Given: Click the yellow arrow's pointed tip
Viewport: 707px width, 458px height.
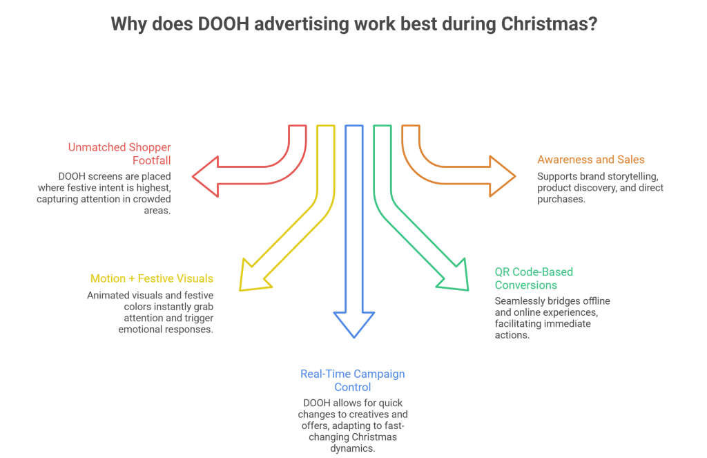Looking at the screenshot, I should click(x=241, y=288).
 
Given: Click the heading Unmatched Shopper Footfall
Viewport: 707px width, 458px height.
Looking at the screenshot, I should click(x=119, y=153).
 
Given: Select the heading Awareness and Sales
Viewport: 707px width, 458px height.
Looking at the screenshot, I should click(x=591, y=160).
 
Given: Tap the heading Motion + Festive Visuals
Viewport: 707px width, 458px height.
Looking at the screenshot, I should click(x=151, y=279).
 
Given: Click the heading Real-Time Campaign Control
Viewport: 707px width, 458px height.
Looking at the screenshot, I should click(x=352, y=380).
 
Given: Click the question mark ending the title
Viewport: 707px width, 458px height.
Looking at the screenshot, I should click(x=593, y=25).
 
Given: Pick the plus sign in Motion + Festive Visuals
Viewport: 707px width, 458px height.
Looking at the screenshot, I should click(x=130, y=279).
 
